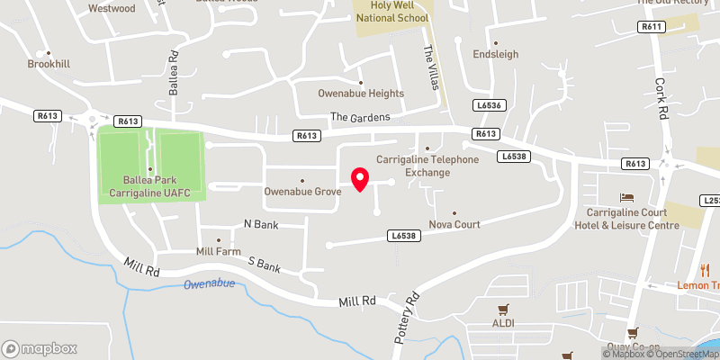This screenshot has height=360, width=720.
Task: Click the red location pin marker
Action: click(360, 179)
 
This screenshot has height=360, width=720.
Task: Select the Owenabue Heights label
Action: click(361, 94)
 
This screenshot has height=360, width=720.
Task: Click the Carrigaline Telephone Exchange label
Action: click(427, 166)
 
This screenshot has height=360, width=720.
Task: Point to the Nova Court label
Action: click(454, 224)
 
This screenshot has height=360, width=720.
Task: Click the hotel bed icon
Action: click(627, 197)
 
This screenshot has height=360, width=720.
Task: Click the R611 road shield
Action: click(651, 28)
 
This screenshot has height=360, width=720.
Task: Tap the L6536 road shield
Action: click(489, 106)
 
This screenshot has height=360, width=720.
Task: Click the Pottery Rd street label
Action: click(406, 319)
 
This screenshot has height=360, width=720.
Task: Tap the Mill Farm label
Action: click(219, 252)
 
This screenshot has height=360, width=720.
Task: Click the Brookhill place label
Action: click(49, 64)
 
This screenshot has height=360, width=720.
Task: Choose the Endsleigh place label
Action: click(496, 54)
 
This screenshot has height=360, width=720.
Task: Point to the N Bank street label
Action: click(262, 223)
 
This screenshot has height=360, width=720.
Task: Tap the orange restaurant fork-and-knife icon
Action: click(706, 270)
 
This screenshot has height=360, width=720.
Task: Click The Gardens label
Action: click(360, 117)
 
